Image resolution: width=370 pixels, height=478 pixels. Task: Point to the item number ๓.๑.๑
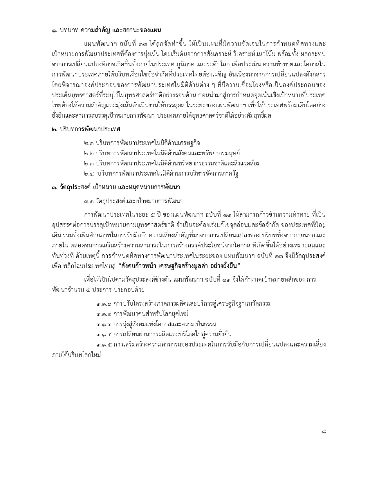(104, 304)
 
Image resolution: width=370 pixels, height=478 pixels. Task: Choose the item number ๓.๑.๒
(104, 314)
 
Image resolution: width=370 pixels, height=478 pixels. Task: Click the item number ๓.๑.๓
(104, 324)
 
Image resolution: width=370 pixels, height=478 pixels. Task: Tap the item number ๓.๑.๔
(104, 334)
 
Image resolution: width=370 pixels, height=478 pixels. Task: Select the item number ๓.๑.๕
(104, 345)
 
